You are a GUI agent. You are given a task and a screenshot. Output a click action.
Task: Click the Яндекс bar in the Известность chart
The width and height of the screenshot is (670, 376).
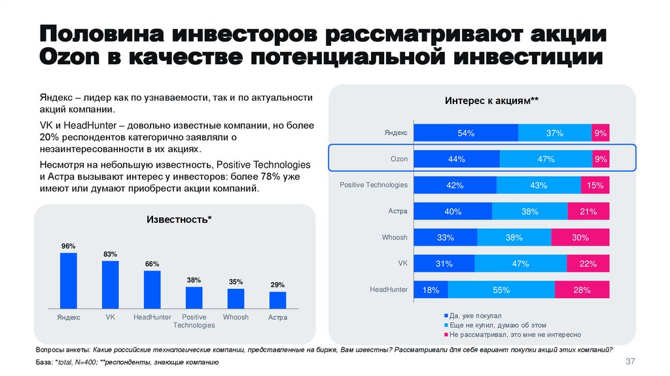click(x=69, y=280)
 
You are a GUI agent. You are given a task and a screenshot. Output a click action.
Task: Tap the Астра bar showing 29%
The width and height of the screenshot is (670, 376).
click(x=277, y=299)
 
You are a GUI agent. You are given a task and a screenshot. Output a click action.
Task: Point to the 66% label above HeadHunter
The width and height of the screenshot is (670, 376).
click(x=152, y=264)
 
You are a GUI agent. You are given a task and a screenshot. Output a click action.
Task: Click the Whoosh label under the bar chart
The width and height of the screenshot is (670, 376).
click(x=236, y=317)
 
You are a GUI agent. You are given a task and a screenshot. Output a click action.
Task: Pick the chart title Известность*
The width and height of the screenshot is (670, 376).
click(x=179, y=219)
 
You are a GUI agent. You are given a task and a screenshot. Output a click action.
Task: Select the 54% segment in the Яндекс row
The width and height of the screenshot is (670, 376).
click(x=467, y=133)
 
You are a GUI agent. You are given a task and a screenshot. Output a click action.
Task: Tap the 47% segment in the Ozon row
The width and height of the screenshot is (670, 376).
click(x=545, y=159)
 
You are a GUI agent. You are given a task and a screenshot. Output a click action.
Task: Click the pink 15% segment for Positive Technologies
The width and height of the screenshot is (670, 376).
click(x=595, y=185)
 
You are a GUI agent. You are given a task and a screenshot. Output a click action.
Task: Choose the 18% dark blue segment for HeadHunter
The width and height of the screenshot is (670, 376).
click(x=431, y=290)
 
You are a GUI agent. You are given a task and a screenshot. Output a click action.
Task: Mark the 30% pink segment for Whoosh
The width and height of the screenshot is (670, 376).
click(x=580, y=237)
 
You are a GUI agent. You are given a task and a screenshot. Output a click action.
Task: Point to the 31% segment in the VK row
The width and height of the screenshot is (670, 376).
click(x=445, y=263)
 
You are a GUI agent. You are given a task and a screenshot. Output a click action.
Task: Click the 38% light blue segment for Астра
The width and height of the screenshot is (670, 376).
click(x=530, y=212)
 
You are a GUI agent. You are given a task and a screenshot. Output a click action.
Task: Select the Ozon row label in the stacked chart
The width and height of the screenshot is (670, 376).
click(x=399, y=159)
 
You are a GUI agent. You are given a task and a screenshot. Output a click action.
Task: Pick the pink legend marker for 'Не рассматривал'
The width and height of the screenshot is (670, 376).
click(x=446, y=334)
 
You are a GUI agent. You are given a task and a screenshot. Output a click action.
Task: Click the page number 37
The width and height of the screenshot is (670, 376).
click(x=631, y=362)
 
